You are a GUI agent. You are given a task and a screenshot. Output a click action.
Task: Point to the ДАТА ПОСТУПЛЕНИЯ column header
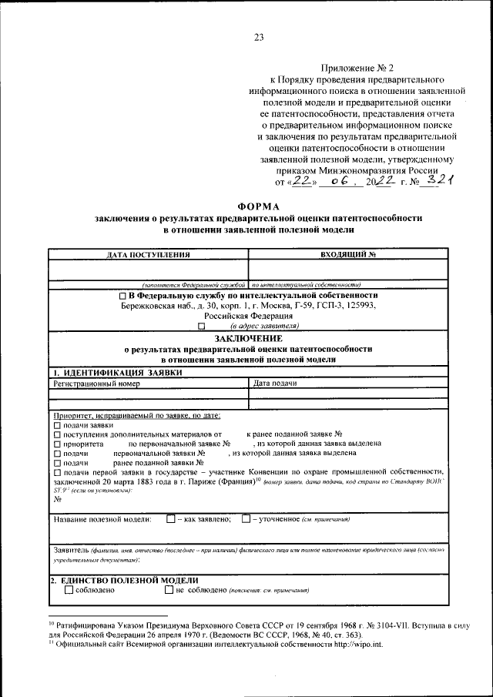149,253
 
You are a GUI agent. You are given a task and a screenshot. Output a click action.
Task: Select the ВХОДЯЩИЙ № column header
347,253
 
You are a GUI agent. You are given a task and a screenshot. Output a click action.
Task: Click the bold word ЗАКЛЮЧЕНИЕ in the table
248,338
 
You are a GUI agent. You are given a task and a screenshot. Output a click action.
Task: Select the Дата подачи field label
275,383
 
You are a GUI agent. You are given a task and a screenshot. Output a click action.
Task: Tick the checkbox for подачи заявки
56,425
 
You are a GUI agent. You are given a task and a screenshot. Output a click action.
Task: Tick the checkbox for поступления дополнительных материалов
56,434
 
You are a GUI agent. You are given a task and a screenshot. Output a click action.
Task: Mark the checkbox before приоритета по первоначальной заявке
56,444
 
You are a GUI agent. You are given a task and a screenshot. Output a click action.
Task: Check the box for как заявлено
170,519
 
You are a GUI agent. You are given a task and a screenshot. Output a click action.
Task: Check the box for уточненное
245,519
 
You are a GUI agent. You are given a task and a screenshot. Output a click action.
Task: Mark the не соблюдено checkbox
169,590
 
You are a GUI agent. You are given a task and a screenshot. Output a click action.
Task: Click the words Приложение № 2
354,69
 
